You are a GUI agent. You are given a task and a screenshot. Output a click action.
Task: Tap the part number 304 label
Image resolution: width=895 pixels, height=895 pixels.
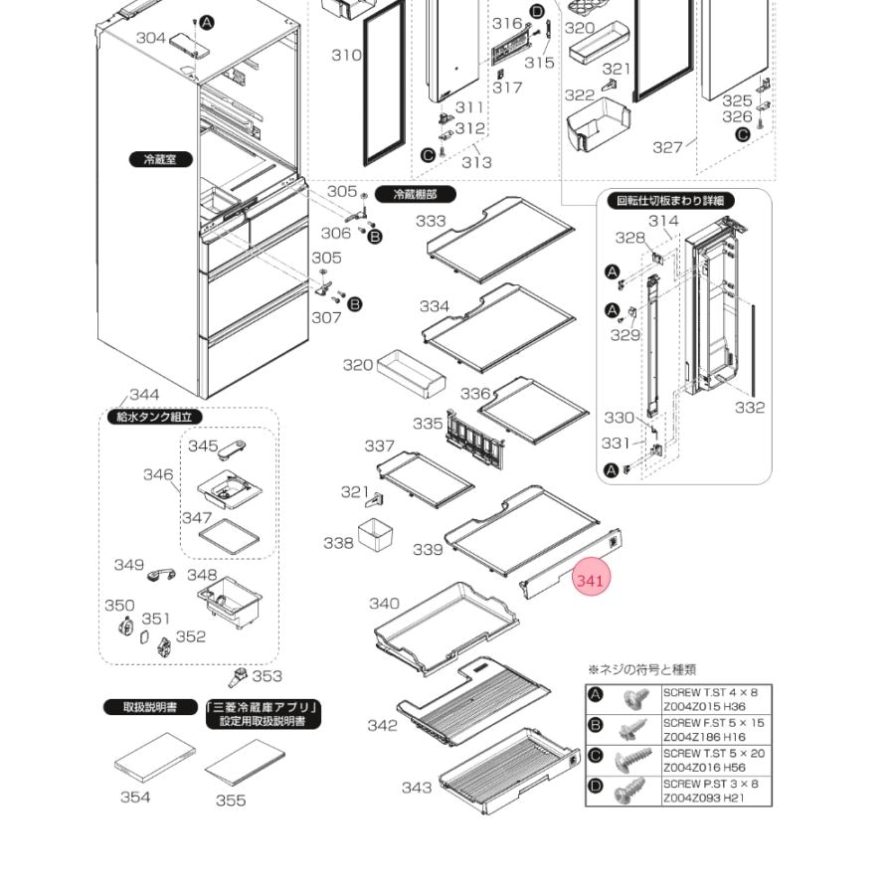coord(151,38)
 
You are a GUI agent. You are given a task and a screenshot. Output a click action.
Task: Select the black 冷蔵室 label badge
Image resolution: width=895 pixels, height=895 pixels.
coord(159,159)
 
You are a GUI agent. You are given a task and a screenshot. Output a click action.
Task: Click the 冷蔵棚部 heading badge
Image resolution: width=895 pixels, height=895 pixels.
coord(415,195)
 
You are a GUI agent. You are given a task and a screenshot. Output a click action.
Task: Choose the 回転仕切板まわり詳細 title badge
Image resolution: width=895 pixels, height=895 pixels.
coord(673,200)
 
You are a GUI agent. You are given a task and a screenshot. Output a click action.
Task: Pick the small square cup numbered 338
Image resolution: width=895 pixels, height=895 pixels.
coord(376,534)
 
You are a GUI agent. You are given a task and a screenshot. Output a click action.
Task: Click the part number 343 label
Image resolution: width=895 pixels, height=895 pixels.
coord(417,788)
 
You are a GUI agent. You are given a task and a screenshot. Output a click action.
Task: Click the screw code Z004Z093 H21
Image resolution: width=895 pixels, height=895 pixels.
coord(704,798)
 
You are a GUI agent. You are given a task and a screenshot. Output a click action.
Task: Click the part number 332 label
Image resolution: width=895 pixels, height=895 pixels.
coord(750,407)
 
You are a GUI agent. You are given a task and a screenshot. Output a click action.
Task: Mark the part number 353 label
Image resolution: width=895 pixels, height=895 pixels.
coord(267,676)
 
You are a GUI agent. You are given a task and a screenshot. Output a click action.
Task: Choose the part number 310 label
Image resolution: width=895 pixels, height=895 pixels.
coord(346,55)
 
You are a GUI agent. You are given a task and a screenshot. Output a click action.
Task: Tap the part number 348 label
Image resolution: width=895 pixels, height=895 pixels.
coord(202,575)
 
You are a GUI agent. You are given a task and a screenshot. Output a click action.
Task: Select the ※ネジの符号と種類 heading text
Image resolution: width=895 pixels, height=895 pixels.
coord(641,670)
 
